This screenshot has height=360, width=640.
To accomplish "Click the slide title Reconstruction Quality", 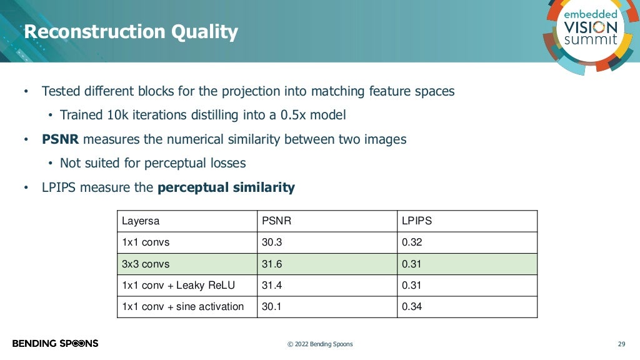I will coord(131,32).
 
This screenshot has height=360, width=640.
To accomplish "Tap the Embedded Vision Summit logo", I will coord(590,28).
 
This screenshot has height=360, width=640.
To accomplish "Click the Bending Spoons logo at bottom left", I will coord(55,343).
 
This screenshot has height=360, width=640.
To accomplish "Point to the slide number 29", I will coord(621,344).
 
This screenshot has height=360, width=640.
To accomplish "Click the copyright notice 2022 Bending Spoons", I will coord(319,344).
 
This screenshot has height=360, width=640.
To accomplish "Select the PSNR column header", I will coord(276,221).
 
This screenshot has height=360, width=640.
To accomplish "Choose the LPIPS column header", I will coord(416,221).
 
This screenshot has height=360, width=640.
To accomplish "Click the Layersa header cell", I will coord(141,221).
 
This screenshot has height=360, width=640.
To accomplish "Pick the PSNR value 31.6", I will coord(271,264).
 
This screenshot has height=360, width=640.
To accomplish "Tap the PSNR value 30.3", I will coord(271,242).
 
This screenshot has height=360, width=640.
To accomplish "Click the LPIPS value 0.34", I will coord(411,307).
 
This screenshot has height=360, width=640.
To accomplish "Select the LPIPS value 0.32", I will coord(411,242).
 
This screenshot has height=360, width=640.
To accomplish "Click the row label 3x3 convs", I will coord(146,264).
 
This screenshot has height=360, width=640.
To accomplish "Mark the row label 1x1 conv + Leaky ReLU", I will coord(178,286).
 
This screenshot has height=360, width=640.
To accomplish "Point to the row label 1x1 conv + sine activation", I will coord(182,307).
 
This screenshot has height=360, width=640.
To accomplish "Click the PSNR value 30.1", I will coord(271,307).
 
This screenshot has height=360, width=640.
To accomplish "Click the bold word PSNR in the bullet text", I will coord(60,139).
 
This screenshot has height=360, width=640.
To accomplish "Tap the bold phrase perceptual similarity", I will coord(226,187).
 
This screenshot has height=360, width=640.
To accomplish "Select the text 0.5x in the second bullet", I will coord(288,116).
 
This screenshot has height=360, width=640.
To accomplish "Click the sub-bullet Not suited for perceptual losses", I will coord(152,164).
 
